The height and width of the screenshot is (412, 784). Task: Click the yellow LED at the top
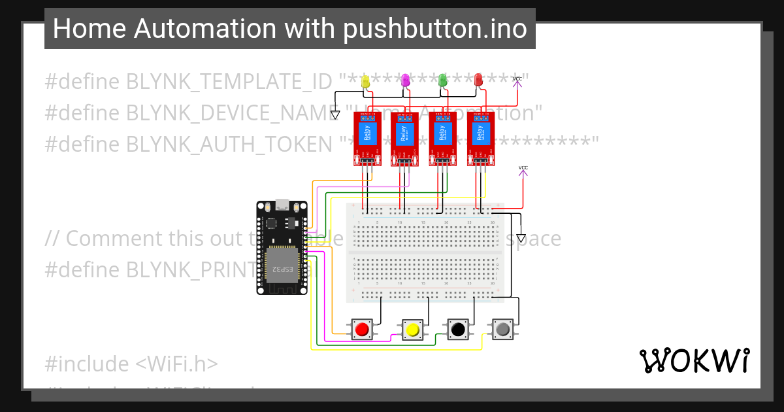(366, 80)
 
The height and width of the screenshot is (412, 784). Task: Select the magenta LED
(405, 80)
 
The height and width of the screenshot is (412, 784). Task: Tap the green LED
(443, 80)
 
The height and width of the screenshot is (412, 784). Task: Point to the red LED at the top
(479, 80)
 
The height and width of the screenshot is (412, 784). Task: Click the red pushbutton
(362, 329)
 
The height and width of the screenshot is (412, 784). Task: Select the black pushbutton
(458, 329)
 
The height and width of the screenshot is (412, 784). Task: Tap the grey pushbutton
(502, 329)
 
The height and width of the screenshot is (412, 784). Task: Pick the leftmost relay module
(367, 138)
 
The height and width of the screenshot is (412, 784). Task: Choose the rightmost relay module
(480, 138)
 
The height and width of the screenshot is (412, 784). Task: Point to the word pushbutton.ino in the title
(436, 29)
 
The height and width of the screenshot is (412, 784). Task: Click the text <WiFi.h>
(178, 363)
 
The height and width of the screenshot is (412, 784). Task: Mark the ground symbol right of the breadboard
(521, 238)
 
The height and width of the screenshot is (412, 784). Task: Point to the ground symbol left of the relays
(335, 115)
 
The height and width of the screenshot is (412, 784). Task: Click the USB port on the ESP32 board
(282, 204)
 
